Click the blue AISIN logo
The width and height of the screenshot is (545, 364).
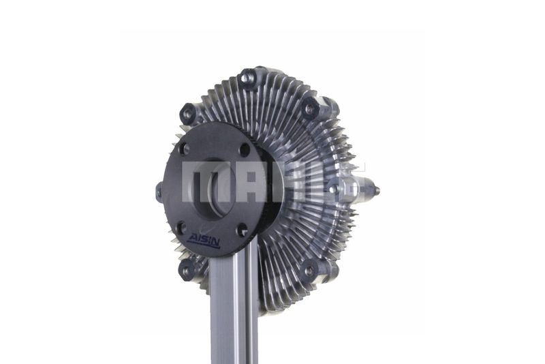pos(204,240)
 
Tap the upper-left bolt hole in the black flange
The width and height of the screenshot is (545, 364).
pos(183,149)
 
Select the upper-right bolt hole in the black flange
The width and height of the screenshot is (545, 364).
pos(245,150)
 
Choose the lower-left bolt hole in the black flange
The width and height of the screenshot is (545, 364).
pos(181,228)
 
